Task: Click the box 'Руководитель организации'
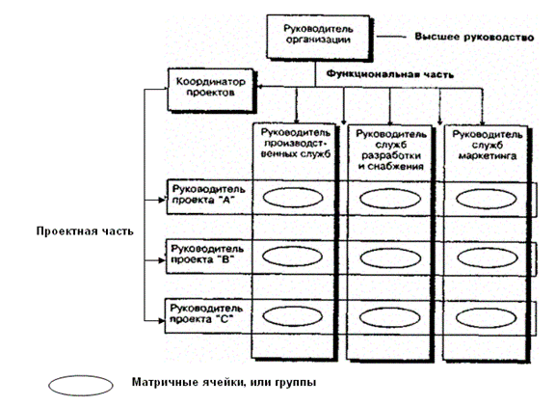click(x=318, y=37)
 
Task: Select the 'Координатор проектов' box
click(x=211, y=90)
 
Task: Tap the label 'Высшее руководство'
click(x=474, y=38)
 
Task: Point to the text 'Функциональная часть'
click(x=389, y=74)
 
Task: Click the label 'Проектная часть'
click(x=85, y=231)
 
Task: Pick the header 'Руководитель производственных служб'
click(x=296, y=143)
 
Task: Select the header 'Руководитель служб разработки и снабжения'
click(x=391, y=149)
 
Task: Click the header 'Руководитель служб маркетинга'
click(x=488, y=145)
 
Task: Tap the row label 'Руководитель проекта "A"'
click(x=208, y=195)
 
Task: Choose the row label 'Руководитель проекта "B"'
click(x=207, y=254)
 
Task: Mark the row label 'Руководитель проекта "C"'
click(x=206, y=313)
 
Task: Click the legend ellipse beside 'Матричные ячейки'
click(x=81, y=386)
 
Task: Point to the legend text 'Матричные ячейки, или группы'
click(x=225, y=382)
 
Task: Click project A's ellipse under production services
click(x=293, y=198)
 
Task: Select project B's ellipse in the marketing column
click(x=488, y=257)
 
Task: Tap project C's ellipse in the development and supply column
click(x=390, y=317)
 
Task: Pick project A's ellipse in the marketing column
click(x=487, y=199)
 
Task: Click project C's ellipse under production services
click(x=292, y=315)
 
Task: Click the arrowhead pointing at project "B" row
click(x=162, y=260)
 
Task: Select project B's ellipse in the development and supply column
click(x=390, y=257)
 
